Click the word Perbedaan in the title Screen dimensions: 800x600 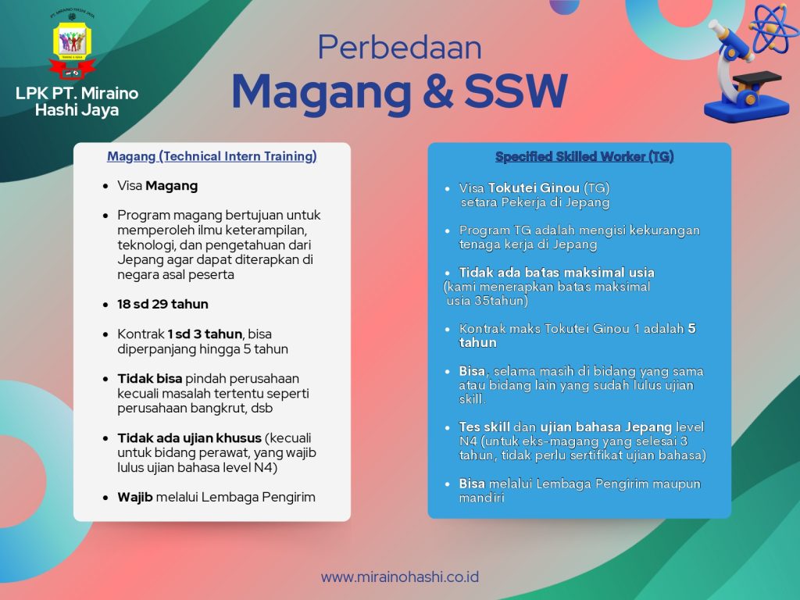399,48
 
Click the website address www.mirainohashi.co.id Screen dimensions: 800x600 400,577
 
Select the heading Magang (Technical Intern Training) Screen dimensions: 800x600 212,156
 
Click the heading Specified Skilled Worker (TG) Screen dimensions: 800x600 584,156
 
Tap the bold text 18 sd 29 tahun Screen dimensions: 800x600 162,304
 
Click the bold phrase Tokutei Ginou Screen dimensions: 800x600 534,187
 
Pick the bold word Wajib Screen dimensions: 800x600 135,498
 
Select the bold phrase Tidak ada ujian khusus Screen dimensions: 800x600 189,437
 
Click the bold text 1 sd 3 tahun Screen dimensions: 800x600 205,334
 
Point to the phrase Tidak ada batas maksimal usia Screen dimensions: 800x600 556,273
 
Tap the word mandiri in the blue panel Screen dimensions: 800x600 481,498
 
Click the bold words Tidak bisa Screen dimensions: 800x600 149,379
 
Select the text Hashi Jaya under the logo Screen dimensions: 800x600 77,110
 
